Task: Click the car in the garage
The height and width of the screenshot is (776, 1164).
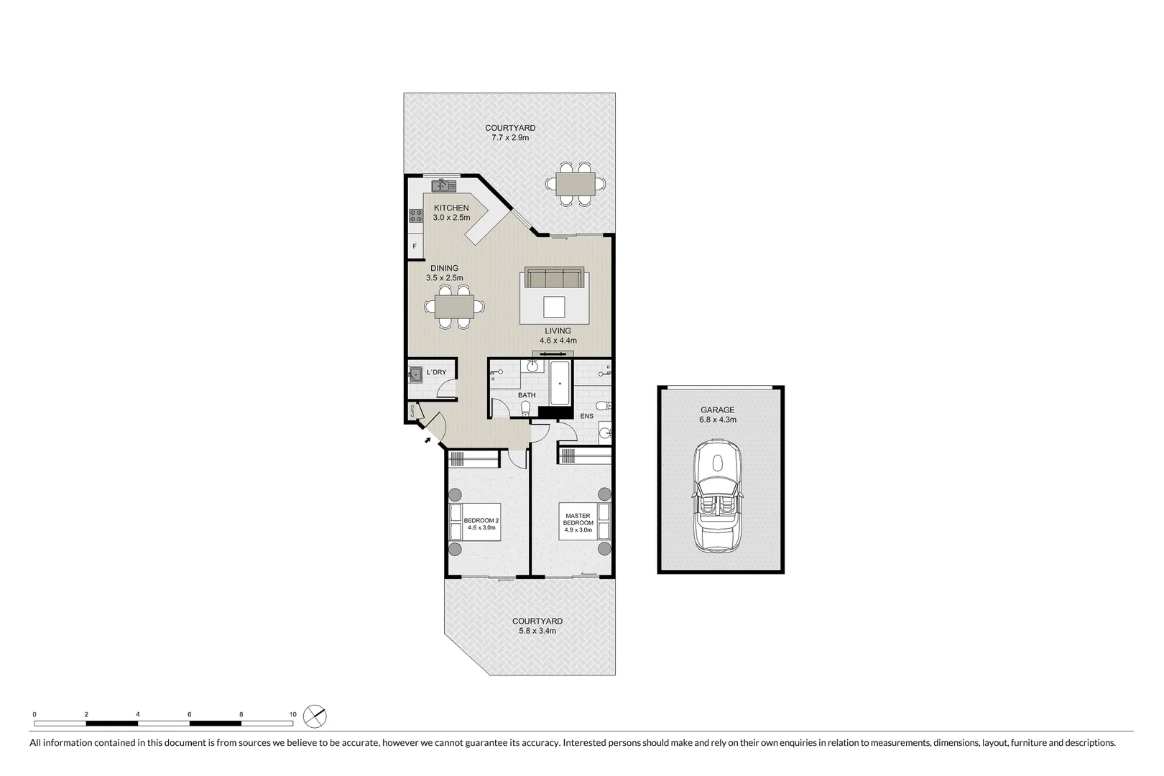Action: [x=717, y=497]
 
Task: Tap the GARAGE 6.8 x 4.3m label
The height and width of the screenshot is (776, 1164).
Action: [x=718, y=415]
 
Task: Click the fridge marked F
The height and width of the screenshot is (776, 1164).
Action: [x=415, y=246]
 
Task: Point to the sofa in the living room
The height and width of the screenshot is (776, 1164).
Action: [x=553, y=278]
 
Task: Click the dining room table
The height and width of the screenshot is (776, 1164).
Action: [x=453, y=308]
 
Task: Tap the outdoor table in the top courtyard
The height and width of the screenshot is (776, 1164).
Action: [x=576, y=185]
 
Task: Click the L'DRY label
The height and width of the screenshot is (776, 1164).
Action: [x=436, y=372]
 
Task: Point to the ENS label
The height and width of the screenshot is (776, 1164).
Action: [x=587, y=416]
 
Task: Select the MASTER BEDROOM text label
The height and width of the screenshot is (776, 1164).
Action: [x=578, y=522]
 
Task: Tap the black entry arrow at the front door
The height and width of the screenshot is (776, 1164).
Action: [x=428, y=440]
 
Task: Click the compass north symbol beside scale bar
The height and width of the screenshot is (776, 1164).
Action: [x=315, y=716]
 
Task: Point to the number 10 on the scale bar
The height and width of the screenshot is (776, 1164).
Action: [x=292, y=714]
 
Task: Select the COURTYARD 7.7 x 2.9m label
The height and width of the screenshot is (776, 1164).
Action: [x=510, y=133]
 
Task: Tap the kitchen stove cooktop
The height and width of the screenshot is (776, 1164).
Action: [x=415, y=215]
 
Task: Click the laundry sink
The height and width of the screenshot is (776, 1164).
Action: [x=415, y=373]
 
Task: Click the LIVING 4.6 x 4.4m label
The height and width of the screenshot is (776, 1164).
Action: [x=558, y=336]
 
